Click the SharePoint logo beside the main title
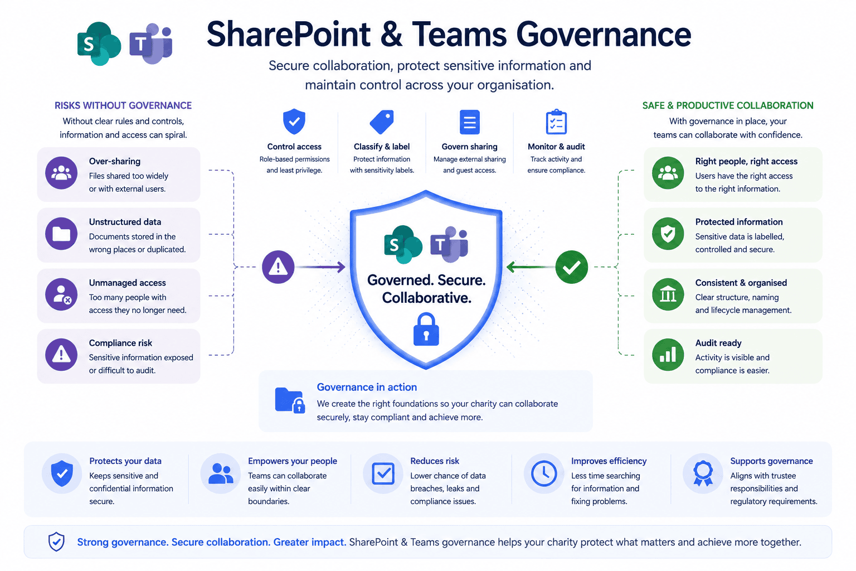click(x=99, y=43)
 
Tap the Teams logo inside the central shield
click(x=449, y=244)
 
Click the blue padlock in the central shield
click(x=426, y=330)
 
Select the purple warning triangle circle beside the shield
click(x=278, y=267)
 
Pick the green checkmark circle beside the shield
click(x=572, y=267)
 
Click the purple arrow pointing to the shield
click(x=320, y=267)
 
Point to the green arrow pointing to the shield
click(x=531, y=267)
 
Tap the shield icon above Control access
click(x=294, y=122)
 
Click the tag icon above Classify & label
click(x=382, y=122)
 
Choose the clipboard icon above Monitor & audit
click(x=556, y=122)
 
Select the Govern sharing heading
click(x=470, y=147)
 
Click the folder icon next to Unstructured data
click(x=61, y=234)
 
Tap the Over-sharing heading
click(x=115, y=161)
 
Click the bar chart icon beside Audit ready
click(x=668, y=355)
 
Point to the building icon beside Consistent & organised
click(x=668, y=294)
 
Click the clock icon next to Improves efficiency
click(x=544, y=474)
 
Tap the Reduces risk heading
click(x=435, y=461)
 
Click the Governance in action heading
click(x=367, y=387)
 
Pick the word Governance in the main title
click(x=604, y=35)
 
